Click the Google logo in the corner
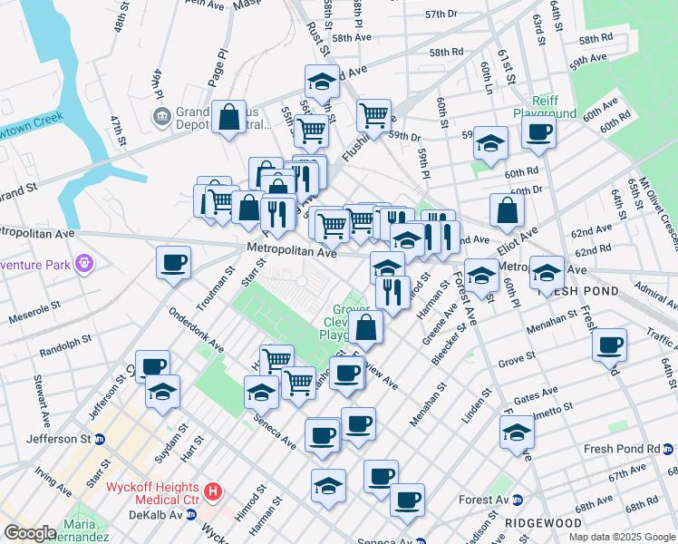(29, 533)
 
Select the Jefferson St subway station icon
(101, 439)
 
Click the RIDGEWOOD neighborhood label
(518, 523)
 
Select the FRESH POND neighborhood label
(577, 292)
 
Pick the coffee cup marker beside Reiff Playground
(538, 131)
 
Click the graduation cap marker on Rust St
(322, 82)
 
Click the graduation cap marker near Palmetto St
(517, 432)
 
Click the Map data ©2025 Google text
(622, 537)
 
